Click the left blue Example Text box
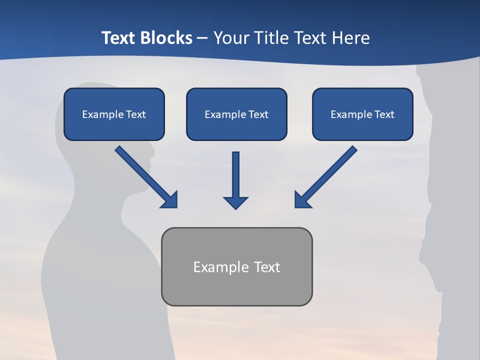[x=114, y=114]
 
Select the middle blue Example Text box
[x=236, y=114]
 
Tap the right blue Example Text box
[x=362, y=114]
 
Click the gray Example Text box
[x=236, y=266]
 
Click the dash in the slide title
[x=202, y=38]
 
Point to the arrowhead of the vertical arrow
[x=235, y=202]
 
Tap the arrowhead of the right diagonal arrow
[x=303, y=200]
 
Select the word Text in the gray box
[x=267, y=267]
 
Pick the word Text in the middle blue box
[x=257, y=114]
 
